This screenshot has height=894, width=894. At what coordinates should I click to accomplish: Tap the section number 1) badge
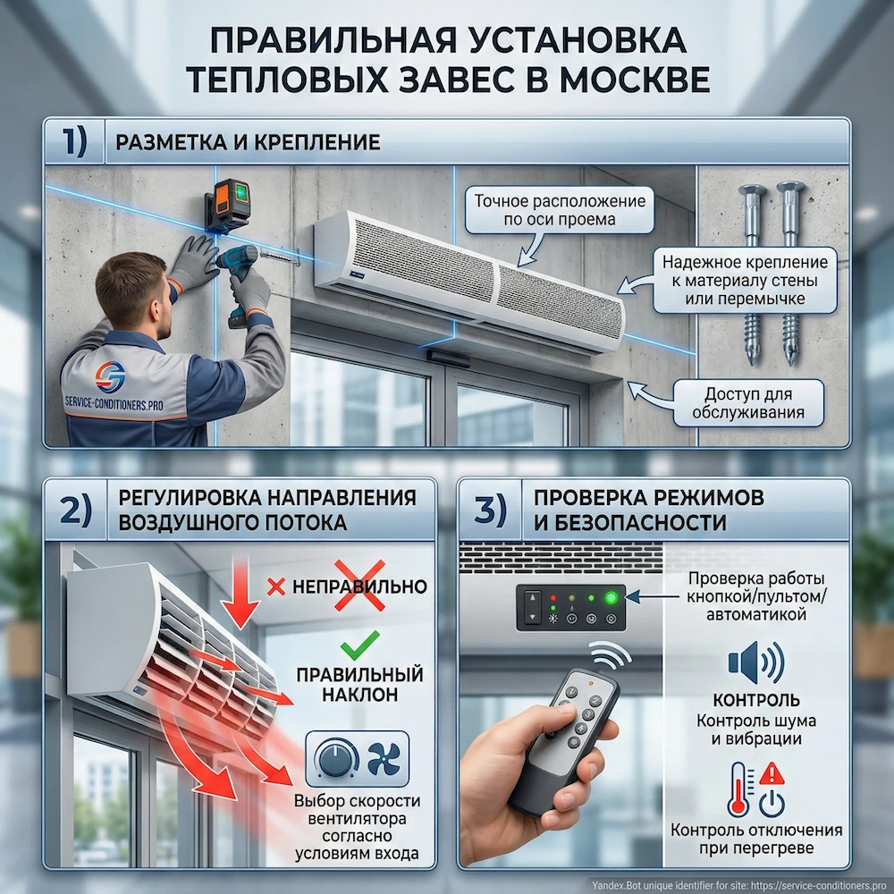[x=75, y=141]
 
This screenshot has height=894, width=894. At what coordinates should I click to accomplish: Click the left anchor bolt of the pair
[x=749, y=268]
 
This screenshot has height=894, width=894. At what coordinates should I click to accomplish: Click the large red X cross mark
[x=359, y=586]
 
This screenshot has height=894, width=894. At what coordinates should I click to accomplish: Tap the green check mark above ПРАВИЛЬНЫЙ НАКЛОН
[x=361, y=641]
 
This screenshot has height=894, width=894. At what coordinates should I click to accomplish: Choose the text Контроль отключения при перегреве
[x=756, y=839]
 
